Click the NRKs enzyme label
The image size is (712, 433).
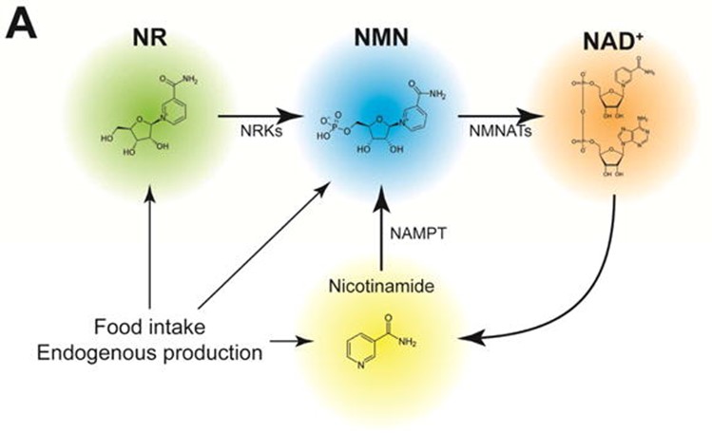249,133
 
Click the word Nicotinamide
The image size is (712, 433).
380,285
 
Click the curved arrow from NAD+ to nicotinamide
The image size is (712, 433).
570,304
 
